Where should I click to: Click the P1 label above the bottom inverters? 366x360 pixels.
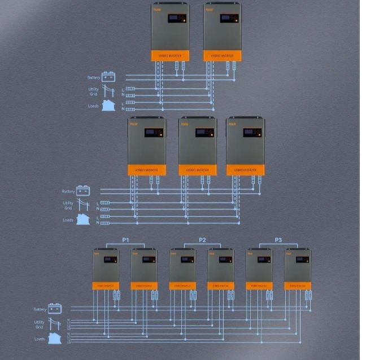tap(125, 240)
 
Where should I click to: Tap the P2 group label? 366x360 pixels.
tap(202, 240)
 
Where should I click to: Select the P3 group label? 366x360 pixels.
tap(278, 240)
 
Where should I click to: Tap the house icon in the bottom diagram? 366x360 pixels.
tap(55, 338)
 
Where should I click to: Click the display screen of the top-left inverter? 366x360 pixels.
tap(177, 19)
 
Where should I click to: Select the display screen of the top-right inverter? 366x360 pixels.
tap(229, 19)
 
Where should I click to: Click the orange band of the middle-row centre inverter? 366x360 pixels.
tap(198, 169)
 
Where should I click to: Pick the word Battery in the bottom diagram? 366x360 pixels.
tap(40, 309)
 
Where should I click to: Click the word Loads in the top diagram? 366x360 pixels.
tap(93, 106)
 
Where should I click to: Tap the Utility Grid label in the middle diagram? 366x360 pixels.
tap(68, 205)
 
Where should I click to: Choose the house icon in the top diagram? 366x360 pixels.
tap(108, 105)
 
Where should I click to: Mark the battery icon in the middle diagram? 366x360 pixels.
tap(83, 190)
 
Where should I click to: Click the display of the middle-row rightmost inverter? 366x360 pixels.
tap(252, 133)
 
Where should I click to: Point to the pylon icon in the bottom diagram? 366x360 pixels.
tap(55, 324)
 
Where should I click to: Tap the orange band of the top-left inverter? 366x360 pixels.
tap(170, 55)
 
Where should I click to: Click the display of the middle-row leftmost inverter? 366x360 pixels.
tap(154, 133)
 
